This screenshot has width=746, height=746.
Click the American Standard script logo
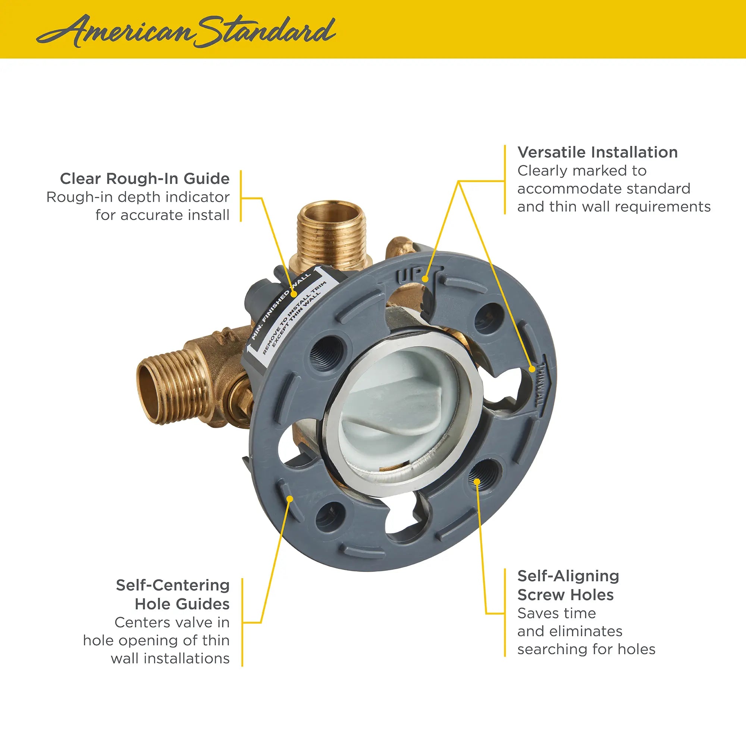pyautogui.click(x=185, y=31)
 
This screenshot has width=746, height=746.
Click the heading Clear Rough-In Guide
pyautogui.click(x=145, y=179)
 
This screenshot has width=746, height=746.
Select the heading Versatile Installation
pyautogui.click(x=597, y=152)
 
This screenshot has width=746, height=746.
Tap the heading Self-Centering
pyautogui.click(x=173, y=585)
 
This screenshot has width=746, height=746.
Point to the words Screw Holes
pyautogui.click(x=565, y=595)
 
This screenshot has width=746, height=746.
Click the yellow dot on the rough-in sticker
pyautogui.click(x=295, y=294)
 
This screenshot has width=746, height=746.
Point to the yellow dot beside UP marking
pyautogui.click(x=425, y=278)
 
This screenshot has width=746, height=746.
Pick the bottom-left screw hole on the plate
pyautogui.click(x=330, y=517)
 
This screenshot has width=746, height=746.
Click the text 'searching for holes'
pyautogui.click(x=586, y=649)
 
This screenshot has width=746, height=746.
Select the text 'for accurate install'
pyautogui.click(x=162, y=215)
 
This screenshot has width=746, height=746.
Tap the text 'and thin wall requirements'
pyautogui.click(x=614, y=207)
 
